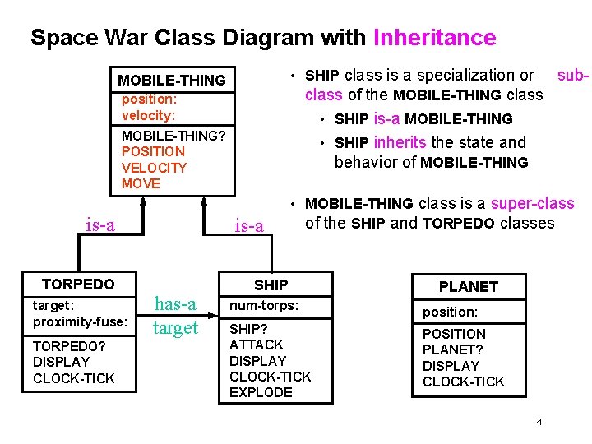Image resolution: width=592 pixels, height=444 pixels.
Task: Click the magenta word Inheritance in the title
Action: click(x=434, y=38)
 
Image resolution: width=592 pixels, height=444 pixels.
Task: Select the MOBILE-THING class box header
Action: click(x=171, y=80)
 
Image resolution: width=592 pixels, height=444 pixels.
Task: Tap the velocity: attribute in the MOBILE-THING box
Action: click(x=148, y=115)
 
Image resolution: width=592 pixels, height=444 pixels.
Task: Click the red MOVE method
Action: click(x=141, y=183)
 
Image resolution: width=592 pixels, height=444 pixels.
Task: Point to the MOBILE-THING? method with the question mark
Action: click(x=173, y=135)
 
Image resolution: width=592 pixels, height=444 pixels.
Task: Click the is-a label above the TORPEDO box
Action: click(x=100, y=224)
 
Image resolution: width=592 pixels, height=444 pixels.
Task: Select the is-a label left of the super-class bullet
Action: click(x=249, y=225)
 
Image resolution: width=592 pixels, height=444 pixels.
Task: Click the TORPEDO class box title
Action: click(x=78, y=284)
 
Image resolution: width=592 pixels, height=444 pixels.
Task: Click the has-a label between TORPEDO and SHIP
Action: click(x=175, y=304)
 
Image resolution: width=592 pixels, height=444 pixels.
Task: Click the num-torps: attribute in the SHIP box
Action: click(x=263, y=306)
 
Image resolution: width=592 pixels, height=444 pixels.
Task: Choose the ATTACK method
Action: click(x=256, y=345)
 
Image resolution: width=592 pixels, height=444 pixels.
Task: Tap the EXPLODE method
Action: click(x=261, y=392)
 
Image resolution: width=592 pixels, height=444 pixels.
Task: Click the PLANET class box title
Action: click(x=468, y=286)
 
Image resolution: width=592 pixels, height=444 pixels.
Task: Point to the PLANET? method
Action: click(x=451, y=349)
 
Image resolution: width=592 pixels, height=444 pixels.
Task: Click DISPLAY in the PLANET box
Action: click(x=451, y=366)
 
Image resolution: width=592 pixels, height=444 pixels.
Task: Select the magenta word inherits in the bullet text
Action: click(x=400, y=142)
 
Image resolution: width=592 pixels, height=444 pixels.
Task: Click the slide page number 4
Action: click(x=539, y=422)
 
